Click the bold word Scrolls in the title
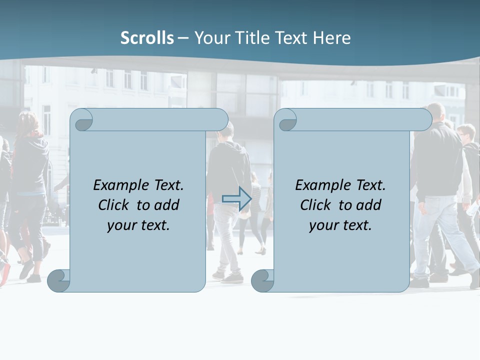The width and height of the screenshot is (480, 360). point(147,38)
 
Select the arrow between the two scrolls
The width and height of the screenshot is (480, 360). point(236,198)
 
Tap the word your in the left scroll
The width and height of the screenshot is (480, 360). point(121,225)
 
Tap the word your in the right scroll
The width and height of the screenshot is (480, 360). point(323,225)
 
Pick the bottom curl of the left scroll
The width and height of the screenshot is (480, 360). point(59,280)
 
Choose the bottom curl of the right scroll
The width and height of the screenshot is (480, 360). point(262,280)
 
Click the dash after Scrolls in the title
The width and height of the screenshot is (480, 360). point(183,38)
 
